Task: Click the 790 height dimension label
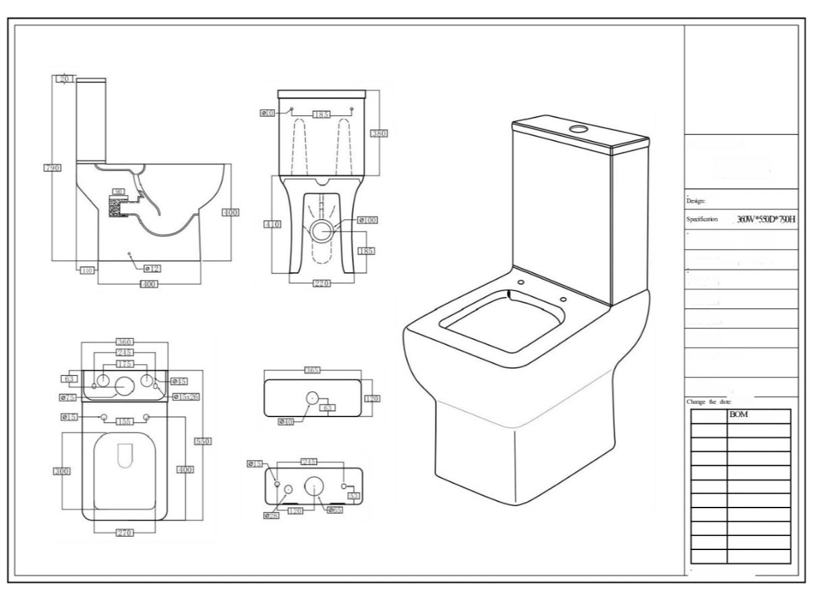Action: click(x=53, y=167)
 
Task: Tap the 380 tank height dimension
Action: click(x=379, y=134)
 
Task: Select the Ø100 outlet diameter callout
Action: click(x=367, y=220)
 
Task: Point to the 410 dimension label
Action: click(x=272, y=224)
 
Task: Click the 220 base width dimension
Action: click(x=321, y=283)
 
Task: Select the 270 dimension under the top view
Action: click(x=124, y=533)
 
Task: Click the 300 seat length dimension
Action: click(x=62, y=470)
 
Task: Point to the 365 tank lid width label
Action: click(x=312, y=370)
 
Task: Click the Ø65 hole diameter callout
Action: click(x=335, y=510)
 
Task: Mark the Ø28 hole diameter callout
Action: click(x=271, y=515)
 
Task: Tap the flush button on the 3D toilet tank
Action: click(x=578, y=127)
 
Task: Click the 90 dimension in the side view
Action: click(x=119, y=192)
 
